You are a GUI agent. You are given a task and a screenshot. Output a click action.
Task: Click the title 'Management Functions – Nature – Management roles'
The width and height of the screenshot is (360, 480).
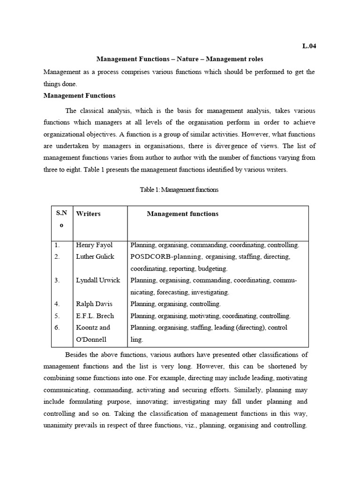(x=180, y=59)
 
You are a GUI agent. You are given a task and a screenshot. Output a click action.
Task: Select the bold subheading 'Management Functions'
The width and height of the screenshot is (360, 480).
(x=79, y=95)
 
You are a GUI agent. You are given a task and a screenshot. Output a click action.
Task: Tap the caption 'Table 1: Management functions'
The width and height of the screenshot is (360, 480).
(x=179, y=190)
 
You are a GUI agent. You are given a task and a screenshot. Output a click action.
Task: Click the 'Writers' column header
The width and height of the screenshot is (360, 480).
(x=88, y=214)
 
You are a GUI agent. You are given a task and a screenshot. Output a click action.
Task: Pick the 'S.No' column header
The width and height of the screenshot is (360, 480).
(x=61, y=219)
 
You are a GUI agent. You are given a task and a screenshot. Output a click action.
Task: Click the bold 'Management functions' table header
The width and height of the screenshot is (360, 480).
(x=182, y=214)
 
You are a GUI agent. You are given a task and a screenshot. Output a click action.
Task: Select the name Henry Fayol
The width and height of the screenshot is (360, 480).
(x=94, y=245)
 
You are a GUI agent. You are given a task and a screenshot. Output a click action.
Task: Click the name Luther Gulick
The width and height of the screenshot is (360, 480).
(x=95, y=257)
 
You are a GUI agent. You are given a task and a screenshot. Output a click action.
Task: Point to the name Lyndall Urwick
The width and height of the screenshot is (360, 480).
(x=98, y=280)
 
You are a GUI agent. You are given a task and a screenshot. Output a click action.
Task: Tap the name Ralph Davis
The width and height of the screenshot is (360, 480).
(x=94, y=304)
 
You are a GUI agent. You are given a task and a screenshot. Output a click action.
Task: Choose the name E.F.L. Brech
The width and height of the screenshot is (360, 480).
(x=95, y=315)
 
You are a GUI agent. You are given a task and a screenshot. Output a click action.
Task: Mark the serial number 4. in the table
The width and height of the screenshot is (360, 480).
(x=57, y=304)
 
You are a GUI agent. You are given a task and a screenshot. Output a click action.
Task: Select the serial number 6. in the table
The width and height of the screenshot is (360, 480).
(x=57, y=327)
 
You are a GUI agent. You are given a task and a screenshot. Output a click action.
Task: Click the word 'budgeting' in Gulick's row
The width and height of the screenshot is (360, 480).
(x=212, y=269)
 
